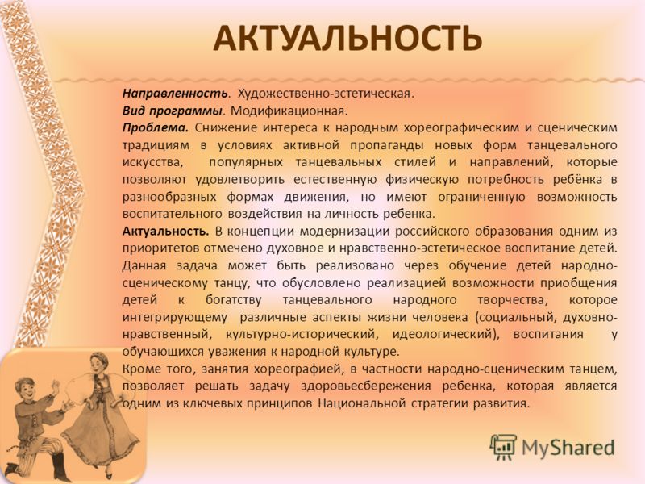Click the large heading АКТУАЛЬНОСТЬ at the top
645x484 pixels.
347,38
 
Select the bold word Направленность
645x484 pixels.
175,94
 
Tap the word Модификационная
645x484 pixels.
289,111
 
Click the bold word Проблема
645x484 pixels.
155,128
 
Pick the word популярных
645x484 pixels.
246,162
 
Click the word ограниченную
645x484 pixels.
481,197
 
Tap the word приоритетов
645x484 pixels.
160,249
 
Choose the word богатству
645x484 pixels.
233,300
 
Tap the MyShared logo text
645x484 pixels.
568,448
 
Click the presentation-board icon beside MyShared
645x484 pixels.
503,448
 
